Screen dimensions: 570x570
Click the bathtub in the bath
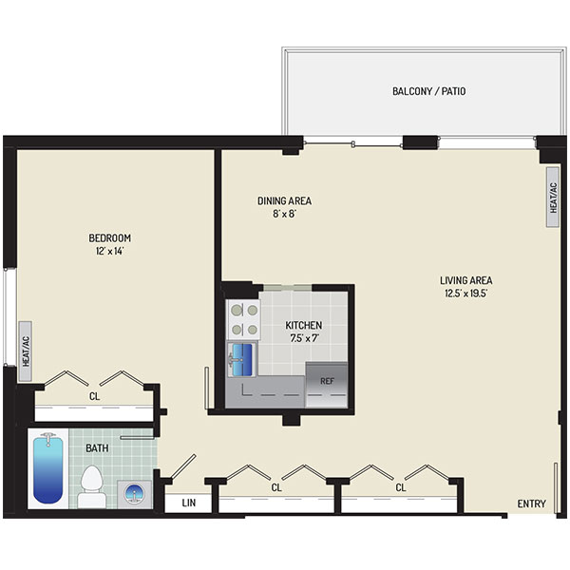[48, 469]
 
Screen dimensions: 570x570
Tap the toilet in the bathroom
[91, 486]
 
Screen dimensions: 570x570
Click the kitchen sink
[241, 360]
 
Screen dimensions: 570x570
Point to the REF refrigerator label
[327, 381]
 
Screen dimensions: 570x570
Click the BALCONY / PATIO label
[429, 91]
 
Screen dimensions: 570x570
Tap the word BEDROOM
[110, 237]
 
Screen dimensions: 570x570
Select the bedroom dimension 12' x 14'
[110, 251]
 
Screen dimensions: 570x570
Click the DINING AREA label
[284, 200]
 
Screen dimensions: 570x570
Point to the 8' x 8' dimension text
[285, 214]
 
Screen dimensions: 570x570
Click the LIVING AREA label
[466, 280]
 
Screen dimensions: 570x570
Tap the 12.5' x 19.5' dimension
[466, 294]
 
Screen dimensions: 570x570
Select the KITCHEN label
[304, 325]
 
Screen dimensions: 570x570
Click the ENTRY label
[531, 503]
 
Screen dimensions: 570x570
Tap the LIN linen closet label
[189, 503]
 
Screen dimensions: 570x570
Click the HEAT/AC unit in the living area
[553, 198]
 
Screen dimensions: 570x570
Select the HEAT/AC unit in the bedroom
[26, 351]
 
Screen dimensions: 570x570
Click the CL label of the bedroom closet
[94, 396]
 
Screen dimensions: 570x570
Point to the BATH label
[97, 447]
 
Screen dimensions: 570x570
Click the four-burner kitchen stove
[243, 320]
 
